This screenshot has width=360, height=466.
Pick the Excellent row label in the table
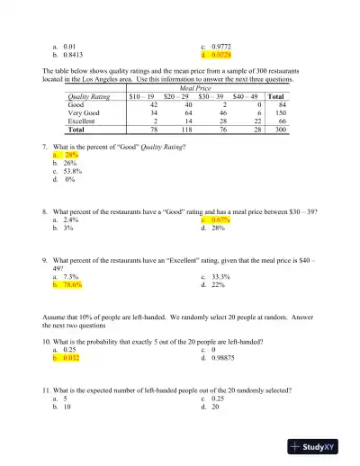pos(84,121)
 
